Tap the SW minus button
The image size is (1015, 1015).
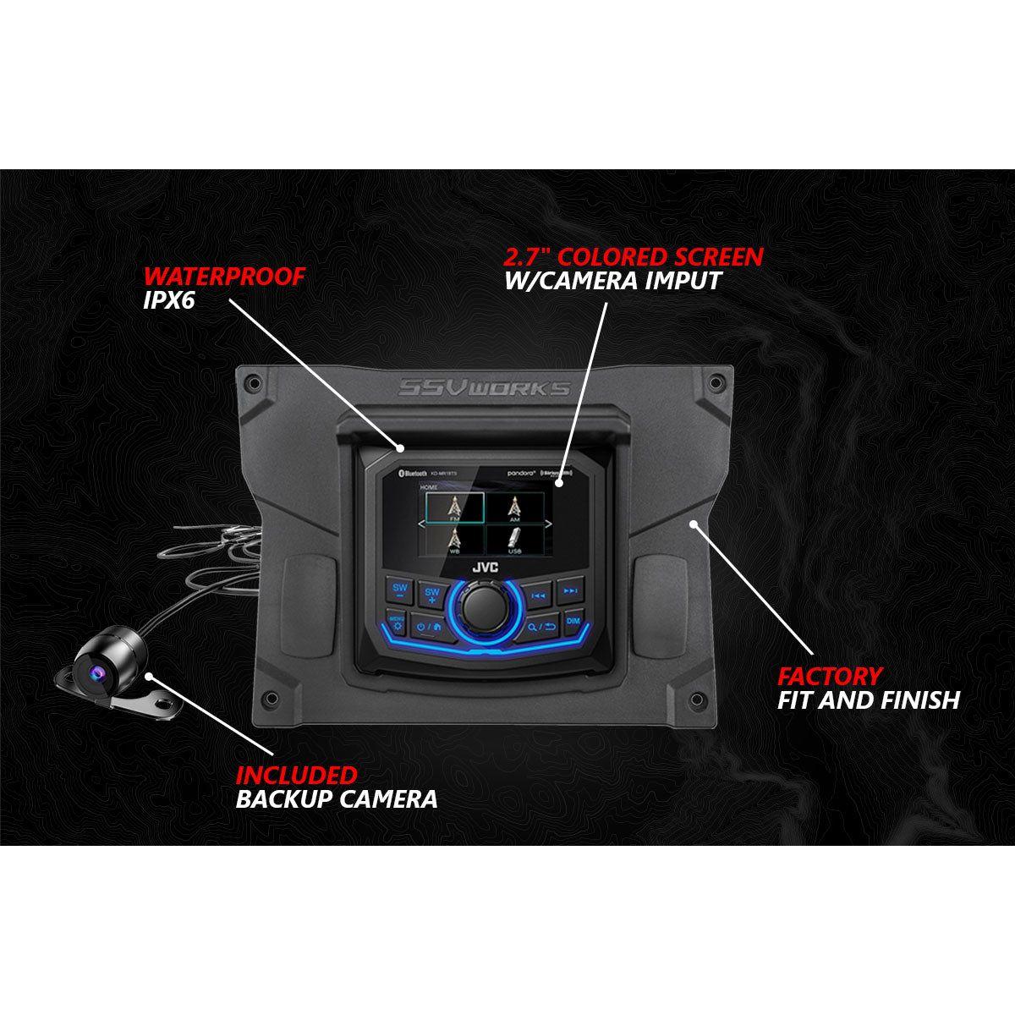click(398, 590)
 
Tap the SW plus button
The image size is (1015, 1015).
click(432, 594)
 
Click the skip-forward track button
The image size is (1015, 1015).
click(571, 590)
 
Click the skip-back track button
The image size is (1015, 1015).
click(537, 595)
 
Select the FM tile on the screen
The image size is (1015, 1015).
click(454, 507)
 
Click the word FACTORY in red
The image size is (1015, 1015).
click(830, 676)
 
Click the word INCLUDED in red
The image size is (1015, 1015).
click(296, 775)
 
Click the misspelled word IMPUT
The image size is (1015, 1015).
click(669, 280)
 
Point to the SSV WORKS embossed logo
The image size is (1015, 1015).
click(485, 388)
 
